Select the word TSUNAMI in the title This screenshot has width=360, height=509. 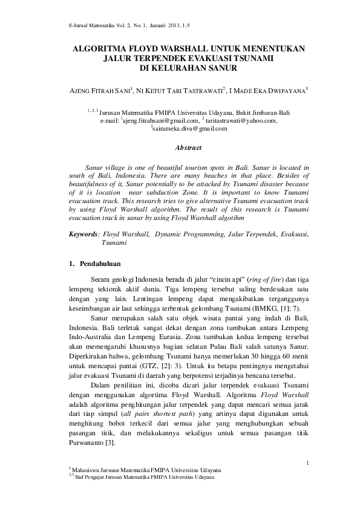[x=250, y=58]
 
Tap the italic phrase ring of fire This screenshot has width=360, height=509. [x=260, y=279]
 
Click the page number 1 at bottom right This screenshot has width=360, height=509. [x=307, y=464]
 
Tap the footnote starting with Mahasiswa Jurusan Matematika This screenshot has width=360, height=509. [x=147, y=470]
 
